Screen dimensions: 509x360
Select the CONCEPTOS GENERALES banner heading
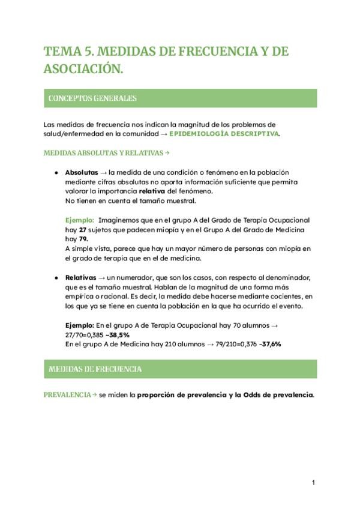point(92,98)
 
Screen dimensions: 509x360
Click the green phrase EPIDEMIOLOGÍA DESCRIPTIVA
point(224,134)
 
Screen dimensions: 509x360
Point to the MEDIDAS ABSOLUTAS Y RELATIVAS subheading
point(103,153)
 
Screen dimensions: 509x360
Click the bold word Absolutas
point(81,172)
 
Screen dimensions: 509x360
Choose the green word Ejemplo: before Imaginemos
point(80,220)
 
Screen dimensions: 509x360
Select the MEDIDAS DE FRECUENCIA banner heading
point(95,369)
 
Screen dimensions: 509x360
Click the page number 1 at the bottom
point(314,482)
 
